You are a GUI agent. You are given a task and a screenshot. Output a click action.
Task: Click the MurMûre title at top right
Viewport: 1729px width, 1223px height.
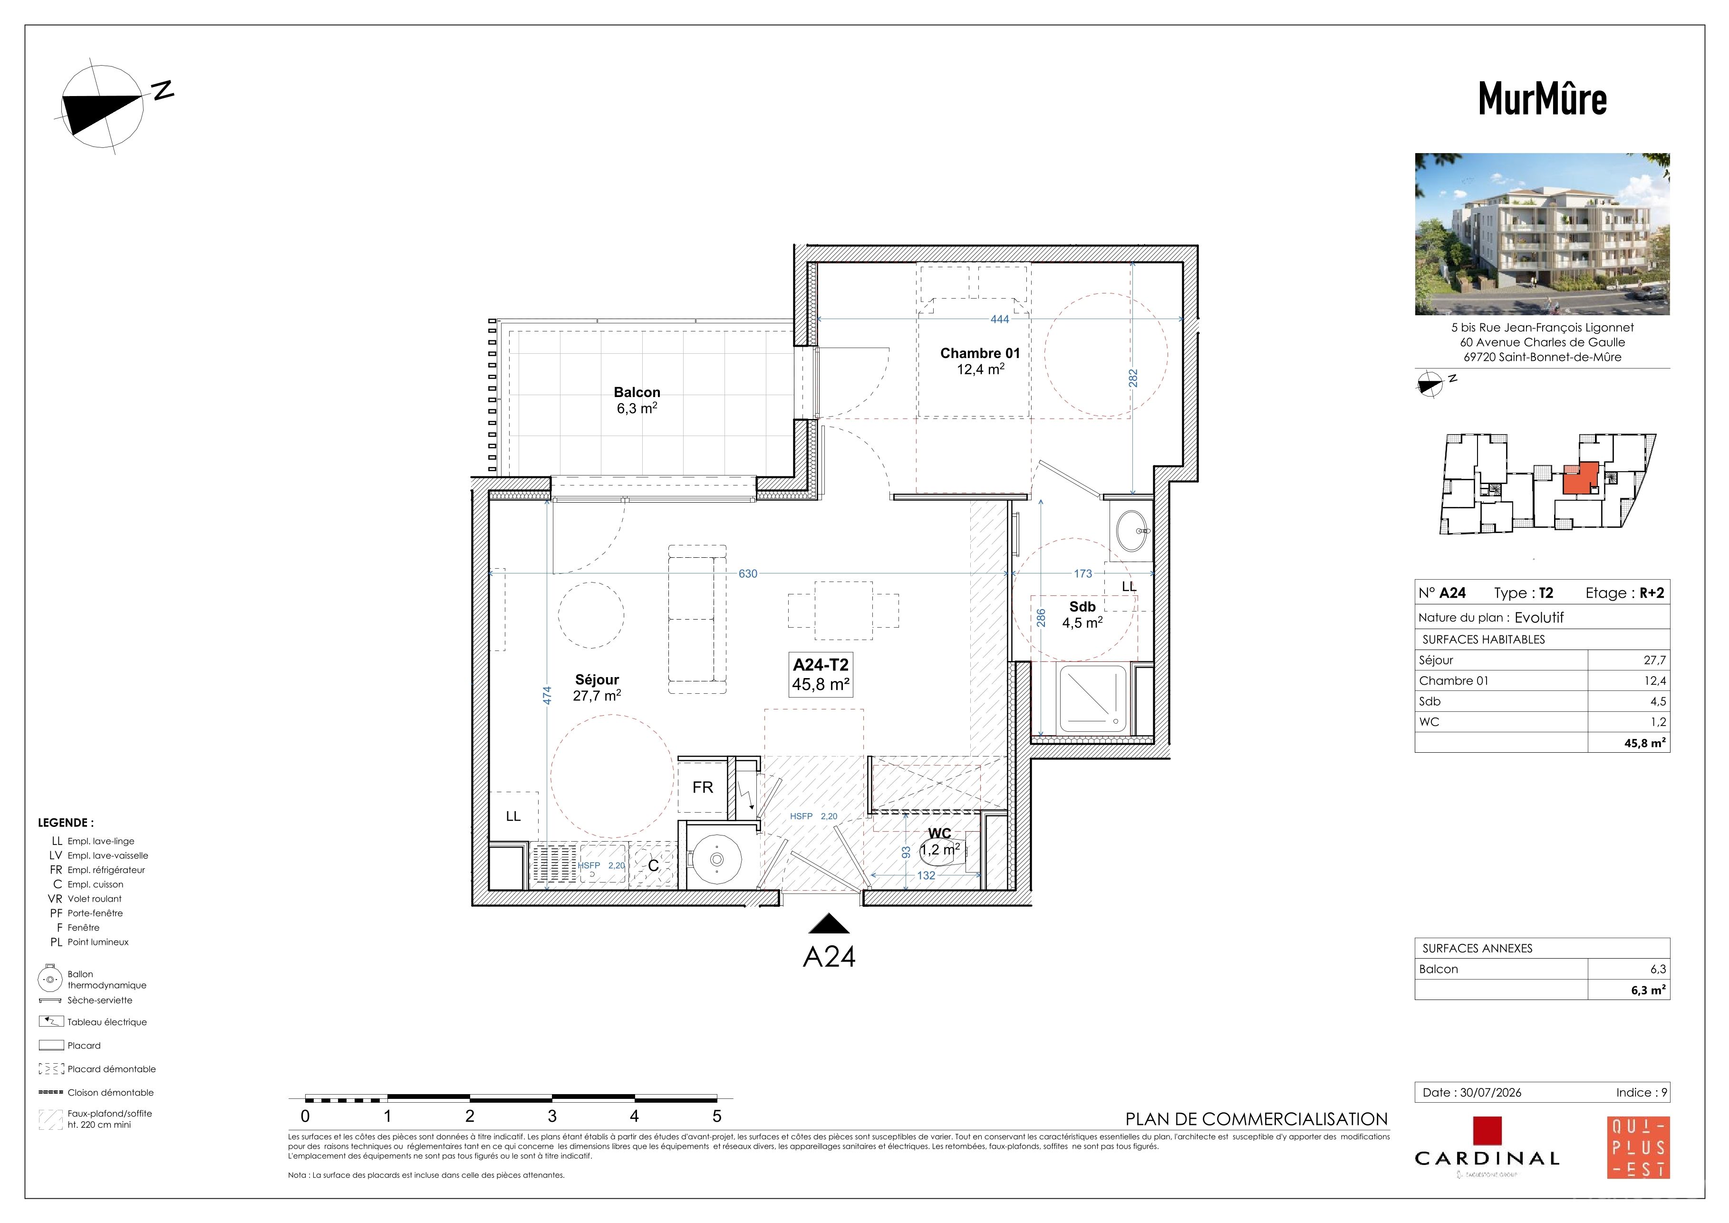tap(1542, 98)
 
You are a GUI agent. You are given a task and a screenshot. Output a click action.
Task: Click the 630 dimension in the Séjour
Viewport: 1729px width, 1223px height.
tap(748, 574)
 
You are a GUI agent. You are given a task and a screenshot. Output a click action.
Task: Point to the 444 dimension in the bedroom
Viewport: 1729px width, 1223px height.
tap(999, 320)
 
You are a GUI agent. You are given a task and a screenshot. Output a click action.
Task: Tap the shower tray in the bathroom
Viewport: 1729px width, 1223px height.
tap(1092, 699)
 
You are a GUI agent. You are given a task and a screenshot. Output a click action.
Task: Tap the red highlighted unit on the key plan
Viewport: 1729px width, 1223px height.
tap(1579, 479)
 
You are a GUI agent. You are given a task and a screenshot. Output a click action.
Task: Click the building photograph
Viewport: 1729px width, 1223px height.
tap(1542, 234)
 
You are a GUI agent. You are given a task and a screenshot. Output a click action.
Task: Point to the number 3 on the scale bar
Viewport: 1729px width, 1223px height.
tap(552, 1116)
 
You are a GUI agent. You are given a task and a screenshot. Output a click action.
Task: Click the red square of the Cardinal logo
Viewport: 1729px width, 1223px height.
tap(1488, 1131)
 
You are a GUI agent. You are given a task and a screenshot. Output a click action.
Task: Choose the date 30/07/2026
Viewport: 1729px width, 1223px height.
tap(1490, 1093)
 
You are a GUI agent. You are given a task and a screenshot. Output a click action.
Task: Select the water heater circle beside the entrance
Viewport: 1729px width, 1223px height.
tap(716, 858)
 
